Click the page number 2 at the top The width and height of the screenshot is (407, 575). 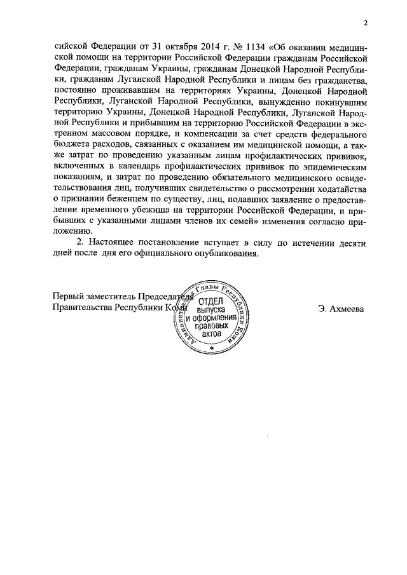tap(366, 25)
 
